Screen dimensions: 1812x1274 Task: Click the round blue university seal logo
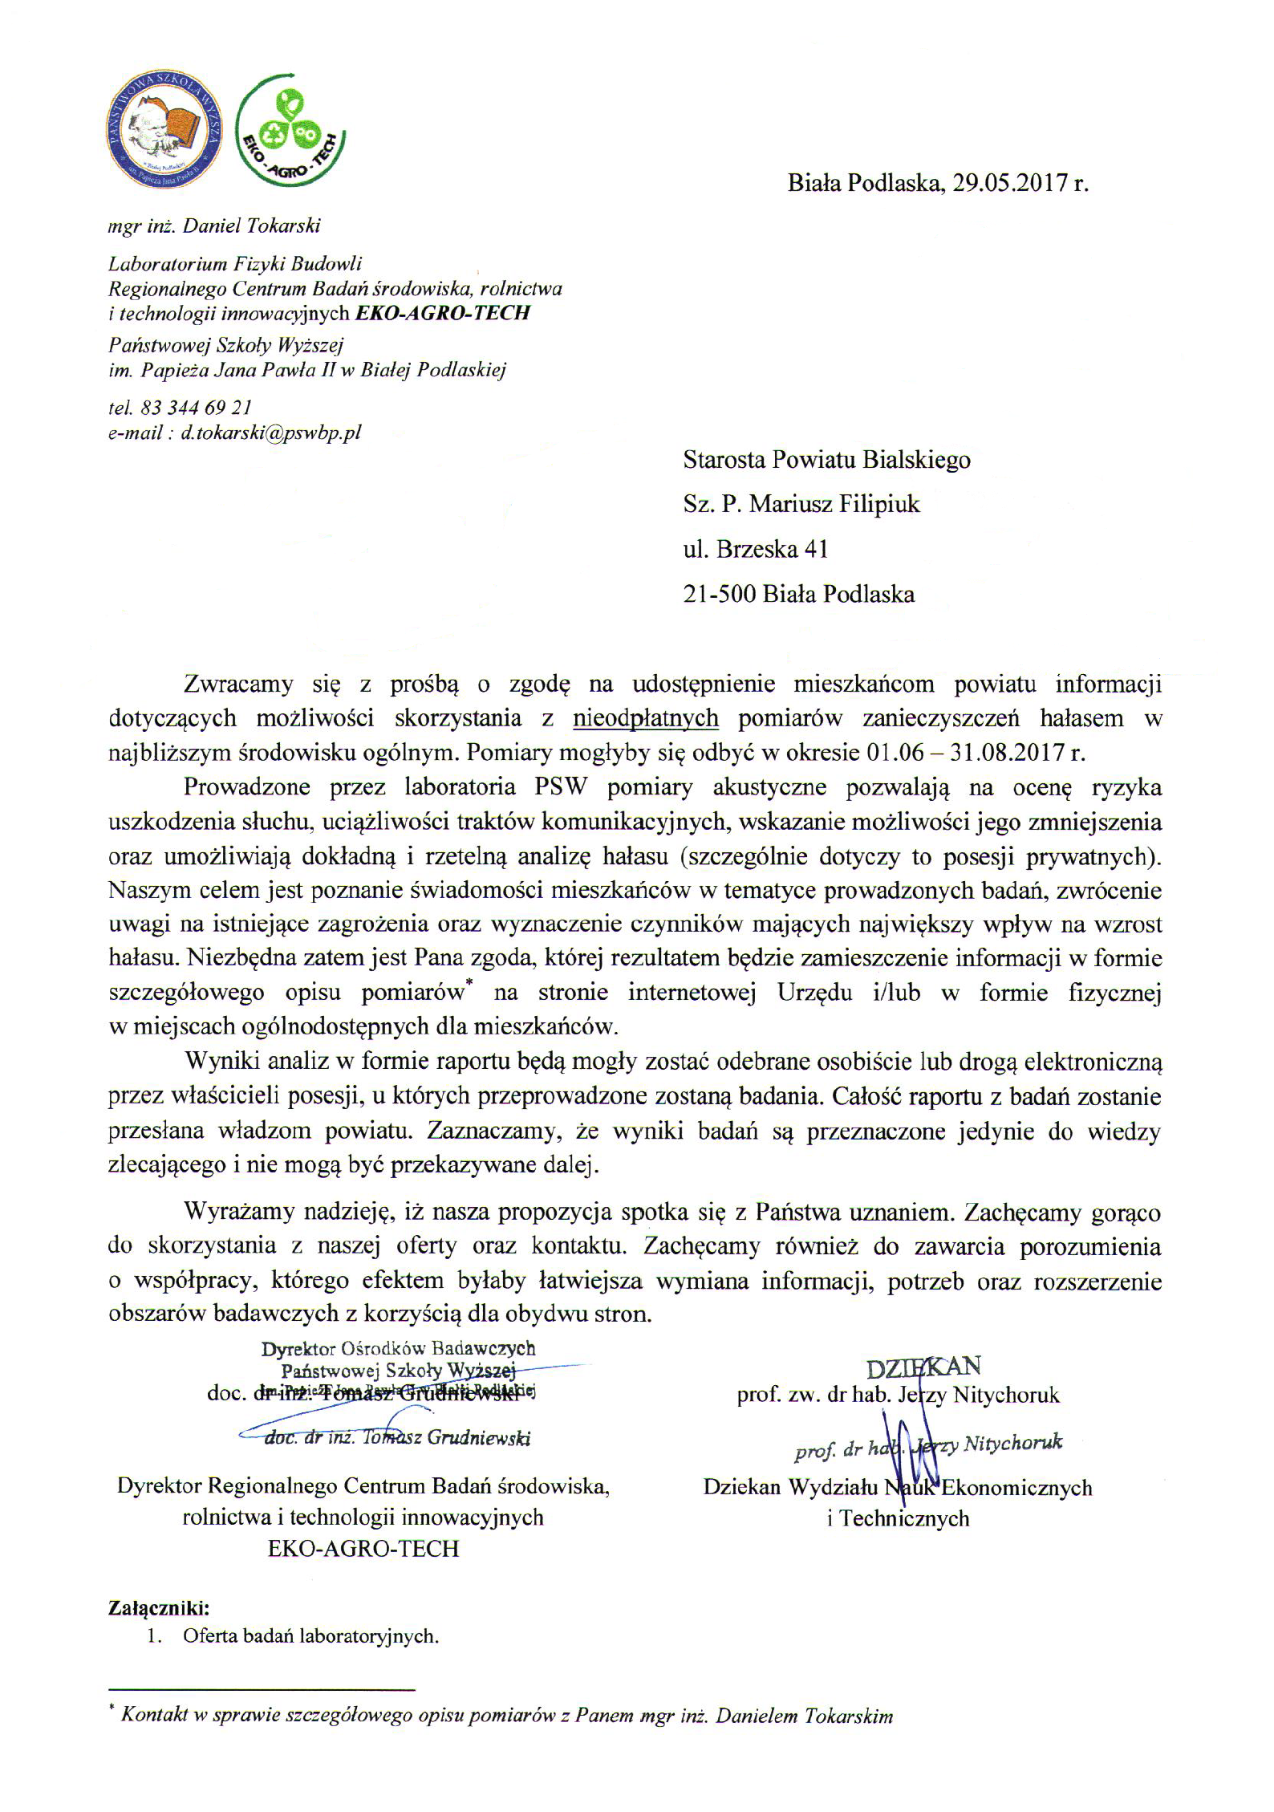point(164,135)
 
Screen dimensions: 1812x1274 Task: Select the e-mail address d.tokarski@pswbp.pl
point(271,433)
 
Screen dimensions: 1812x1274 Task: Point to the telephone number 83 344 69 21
point(196,408)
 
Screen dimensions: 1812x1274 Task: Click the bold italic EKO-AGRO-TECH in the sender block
point(443,313)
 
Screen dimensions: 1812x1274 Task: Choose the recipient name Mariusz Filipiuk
point(834,504)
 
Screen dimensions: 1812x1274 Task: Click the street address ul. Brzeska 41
point(755,549)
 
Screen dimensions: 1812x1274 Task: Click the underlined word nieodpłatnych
point(646,717)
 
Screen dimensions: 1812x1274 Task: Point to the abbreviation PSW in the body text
point(561,786)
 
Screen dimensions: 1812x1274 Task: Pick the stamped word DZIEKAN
point(923,1367)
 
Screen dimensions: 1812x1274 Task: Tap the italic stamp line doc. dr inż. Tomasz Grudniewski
point(397,1438)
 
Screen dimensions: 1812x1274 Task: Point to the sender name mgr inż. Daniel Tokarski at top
point(214,226)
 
